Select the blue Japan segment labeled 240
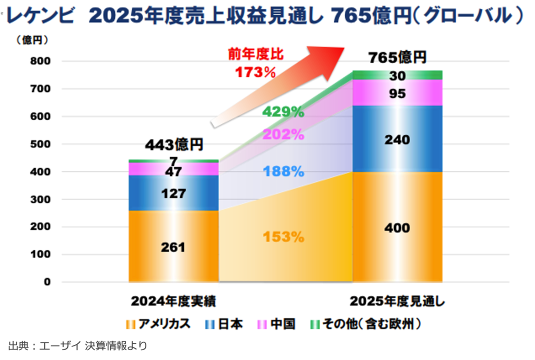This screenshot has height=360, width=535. (397, 140)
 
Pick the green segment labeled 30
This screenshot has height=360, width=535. (397, 75)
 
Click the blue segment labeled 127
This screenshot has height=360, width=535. (173, 193)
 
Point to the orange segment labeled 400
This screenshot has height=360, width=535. (397, 228)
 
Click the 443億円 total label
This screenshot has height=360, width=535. (174, 144)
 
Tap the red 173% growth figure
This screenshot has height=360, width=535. (255, 72)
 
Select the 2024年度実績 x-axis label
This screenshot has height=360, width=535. (173, 301)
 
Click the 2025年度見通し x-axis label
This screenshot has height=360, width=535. (398, 301)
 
